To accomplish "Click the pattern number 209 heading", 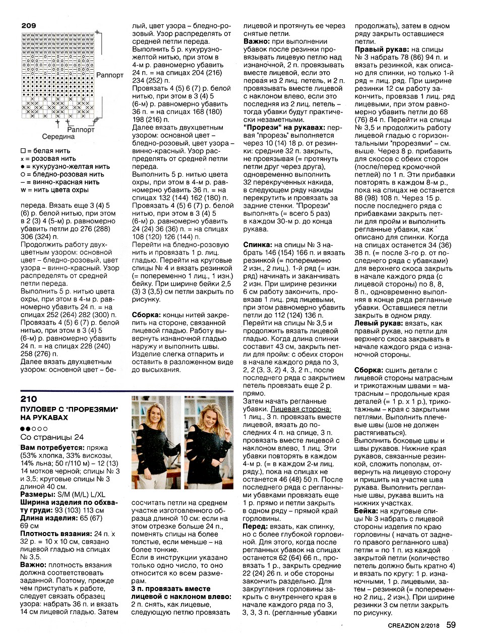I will (28, 25).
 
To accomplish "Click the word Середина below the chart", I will (58, 137).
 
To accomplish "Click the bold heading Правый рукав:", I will (382, 49).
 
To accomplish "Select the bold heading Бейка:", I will (367, 511).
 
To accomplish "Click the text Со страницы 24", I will (52, 437).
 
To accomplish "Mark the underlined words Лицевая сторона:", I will (301, 409).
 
